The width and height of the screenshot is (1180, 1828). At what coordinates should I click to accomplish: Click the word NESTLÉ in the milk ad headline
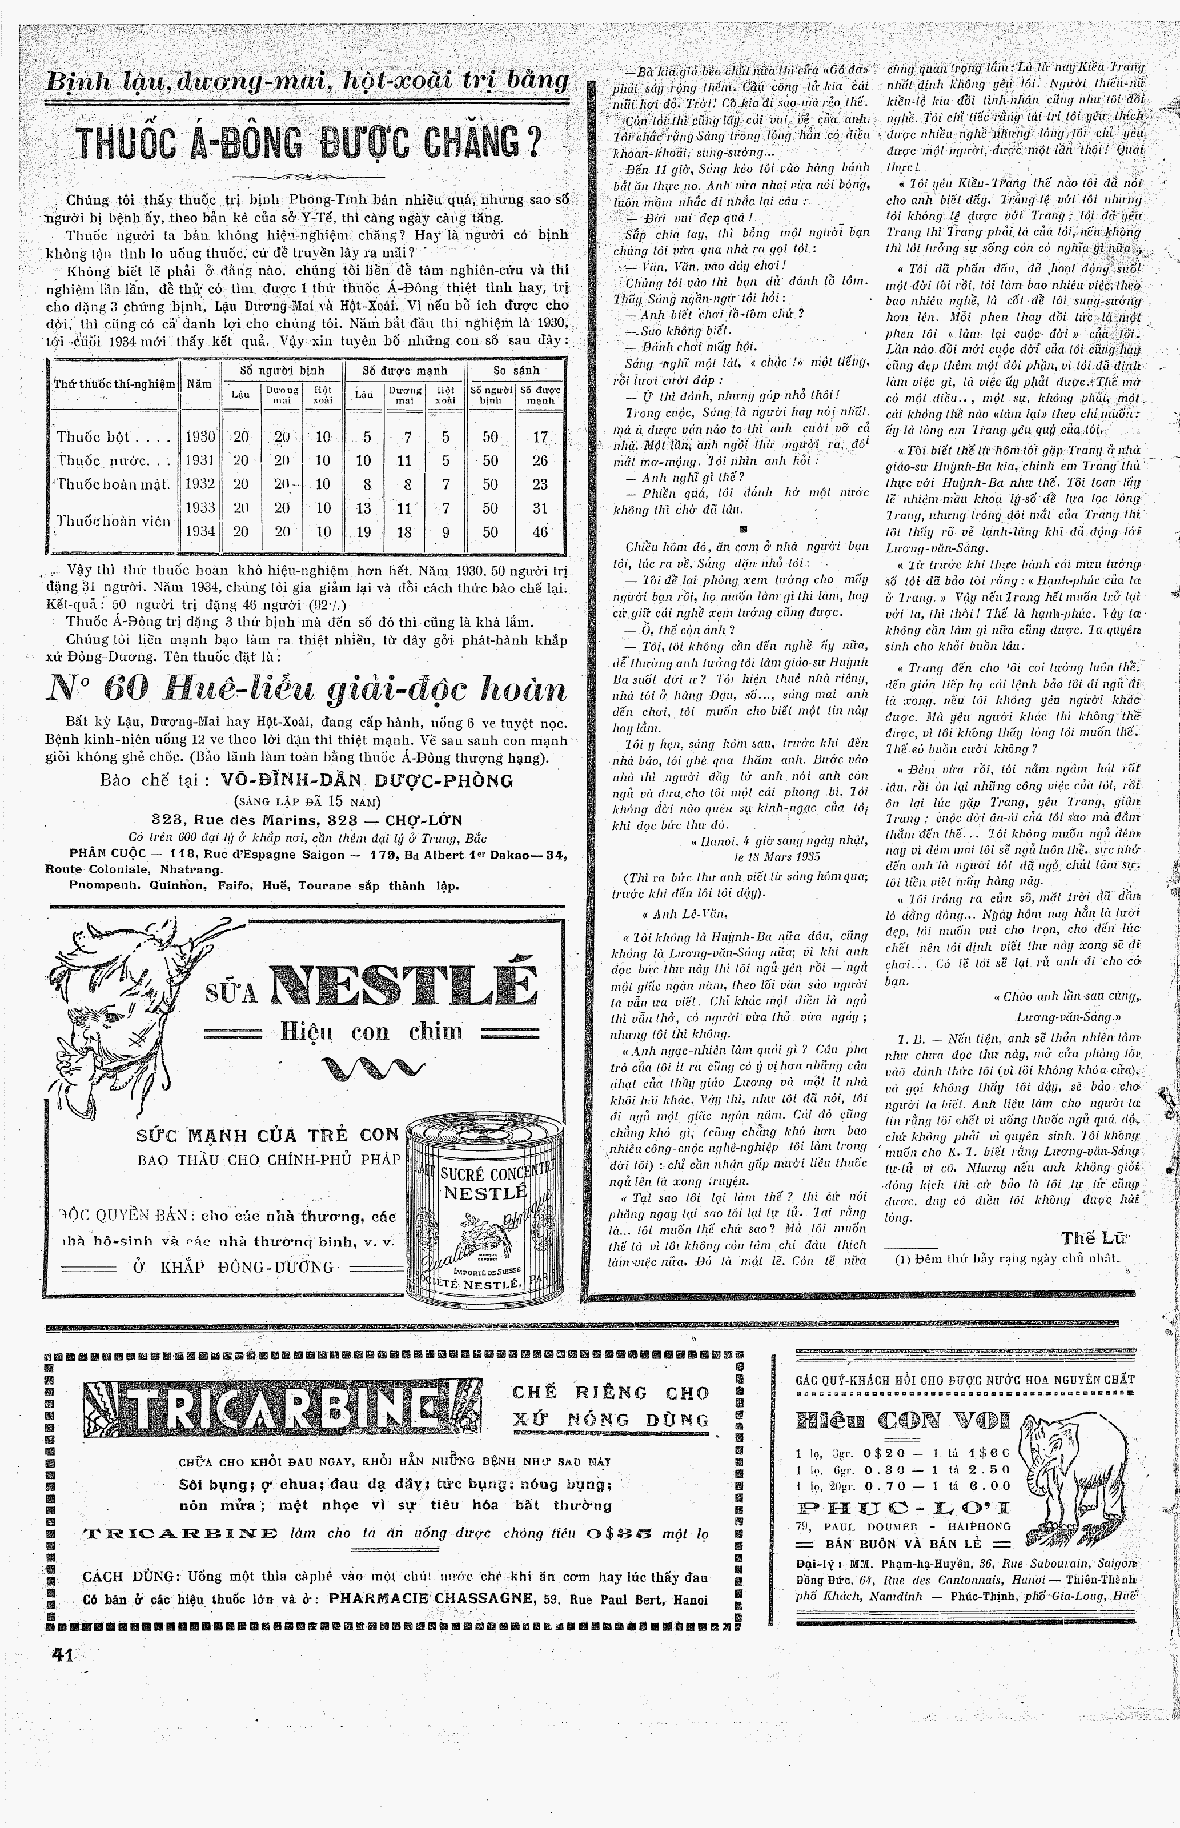tap(404, 985)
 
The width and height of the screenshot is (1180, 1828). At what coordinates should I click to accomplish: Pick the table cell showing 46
tap(540, 531)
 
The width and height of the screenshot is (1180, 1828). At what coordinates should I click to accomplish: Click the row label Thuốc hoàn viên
tap(114, 520)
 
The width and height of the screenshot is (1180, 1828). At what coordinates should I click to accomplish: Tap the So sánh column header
tap(516, 370)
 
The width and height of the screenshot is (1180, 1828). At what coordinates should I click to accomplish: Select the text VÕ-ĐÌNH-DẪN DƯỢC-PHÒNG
tap(366, 781)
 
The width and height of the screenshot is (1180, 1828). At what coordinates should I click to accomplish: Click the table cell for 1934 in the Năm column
tap(199, 531)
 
